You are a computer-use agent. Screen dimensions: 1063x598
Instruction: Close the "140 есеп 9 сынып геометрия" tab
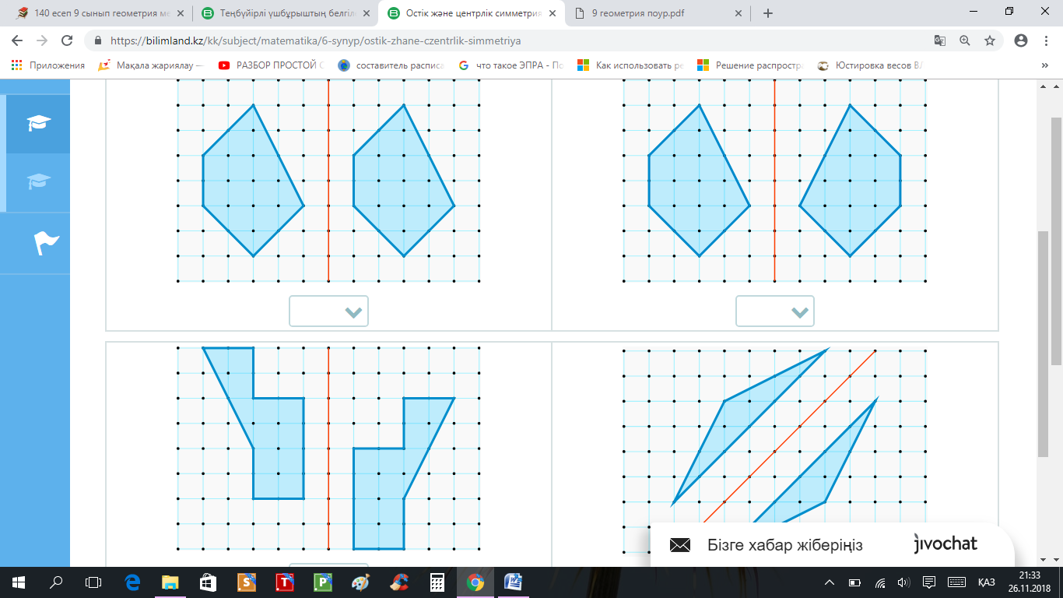(181, 13)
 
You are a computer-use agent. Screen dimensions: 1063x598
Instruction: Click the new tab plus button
(768, 13)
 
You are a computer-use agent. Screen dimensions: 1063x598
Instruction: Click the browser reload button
(67, 40)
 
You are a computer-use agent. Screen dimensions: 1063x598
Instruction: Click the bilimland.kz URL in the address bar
(316, 40)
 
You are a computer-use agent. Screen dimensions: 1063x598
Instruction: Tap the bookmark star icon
(989, 40)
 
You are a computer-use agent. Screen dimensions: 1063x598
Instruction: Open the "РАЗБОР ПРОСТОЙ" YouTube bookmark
(272, 65)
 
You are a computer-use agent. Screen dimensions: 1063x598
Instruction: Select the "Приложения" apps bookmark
(48, 65)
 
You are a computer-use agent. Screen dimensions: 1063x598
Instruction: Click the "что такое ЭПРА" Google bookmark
(511, 65)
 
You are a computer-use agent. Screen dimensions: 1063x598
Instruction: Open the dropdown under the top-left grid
(328, 311)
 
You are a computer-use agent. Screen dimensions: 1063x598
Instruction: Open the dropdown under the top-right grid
(775, 311)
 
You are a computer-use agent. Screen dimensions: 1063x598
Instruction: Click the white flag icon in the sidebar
(46, 243)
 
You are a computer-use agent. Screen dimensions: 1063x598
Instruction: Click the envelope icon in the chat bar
(680, 545)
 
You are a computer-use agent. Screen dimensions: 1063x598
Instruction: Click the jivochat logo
(945, 543)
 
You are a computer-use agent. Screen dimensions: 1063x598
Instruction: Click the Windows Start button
(19, 582)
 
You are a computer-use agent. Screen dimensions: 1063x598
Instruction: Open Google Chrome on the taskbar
(475, 582)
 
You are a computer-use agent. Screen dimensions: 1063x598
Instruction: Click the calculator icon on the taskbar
(437, 582)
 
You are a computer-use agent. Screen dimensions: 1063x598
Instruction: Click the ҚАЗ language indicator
(987, 582)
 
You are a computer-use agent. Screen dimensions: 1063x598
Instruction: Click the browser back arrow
(17, 40)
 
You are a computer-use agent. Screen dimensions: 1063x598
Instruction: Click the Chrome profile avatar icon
(1021, 40)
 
